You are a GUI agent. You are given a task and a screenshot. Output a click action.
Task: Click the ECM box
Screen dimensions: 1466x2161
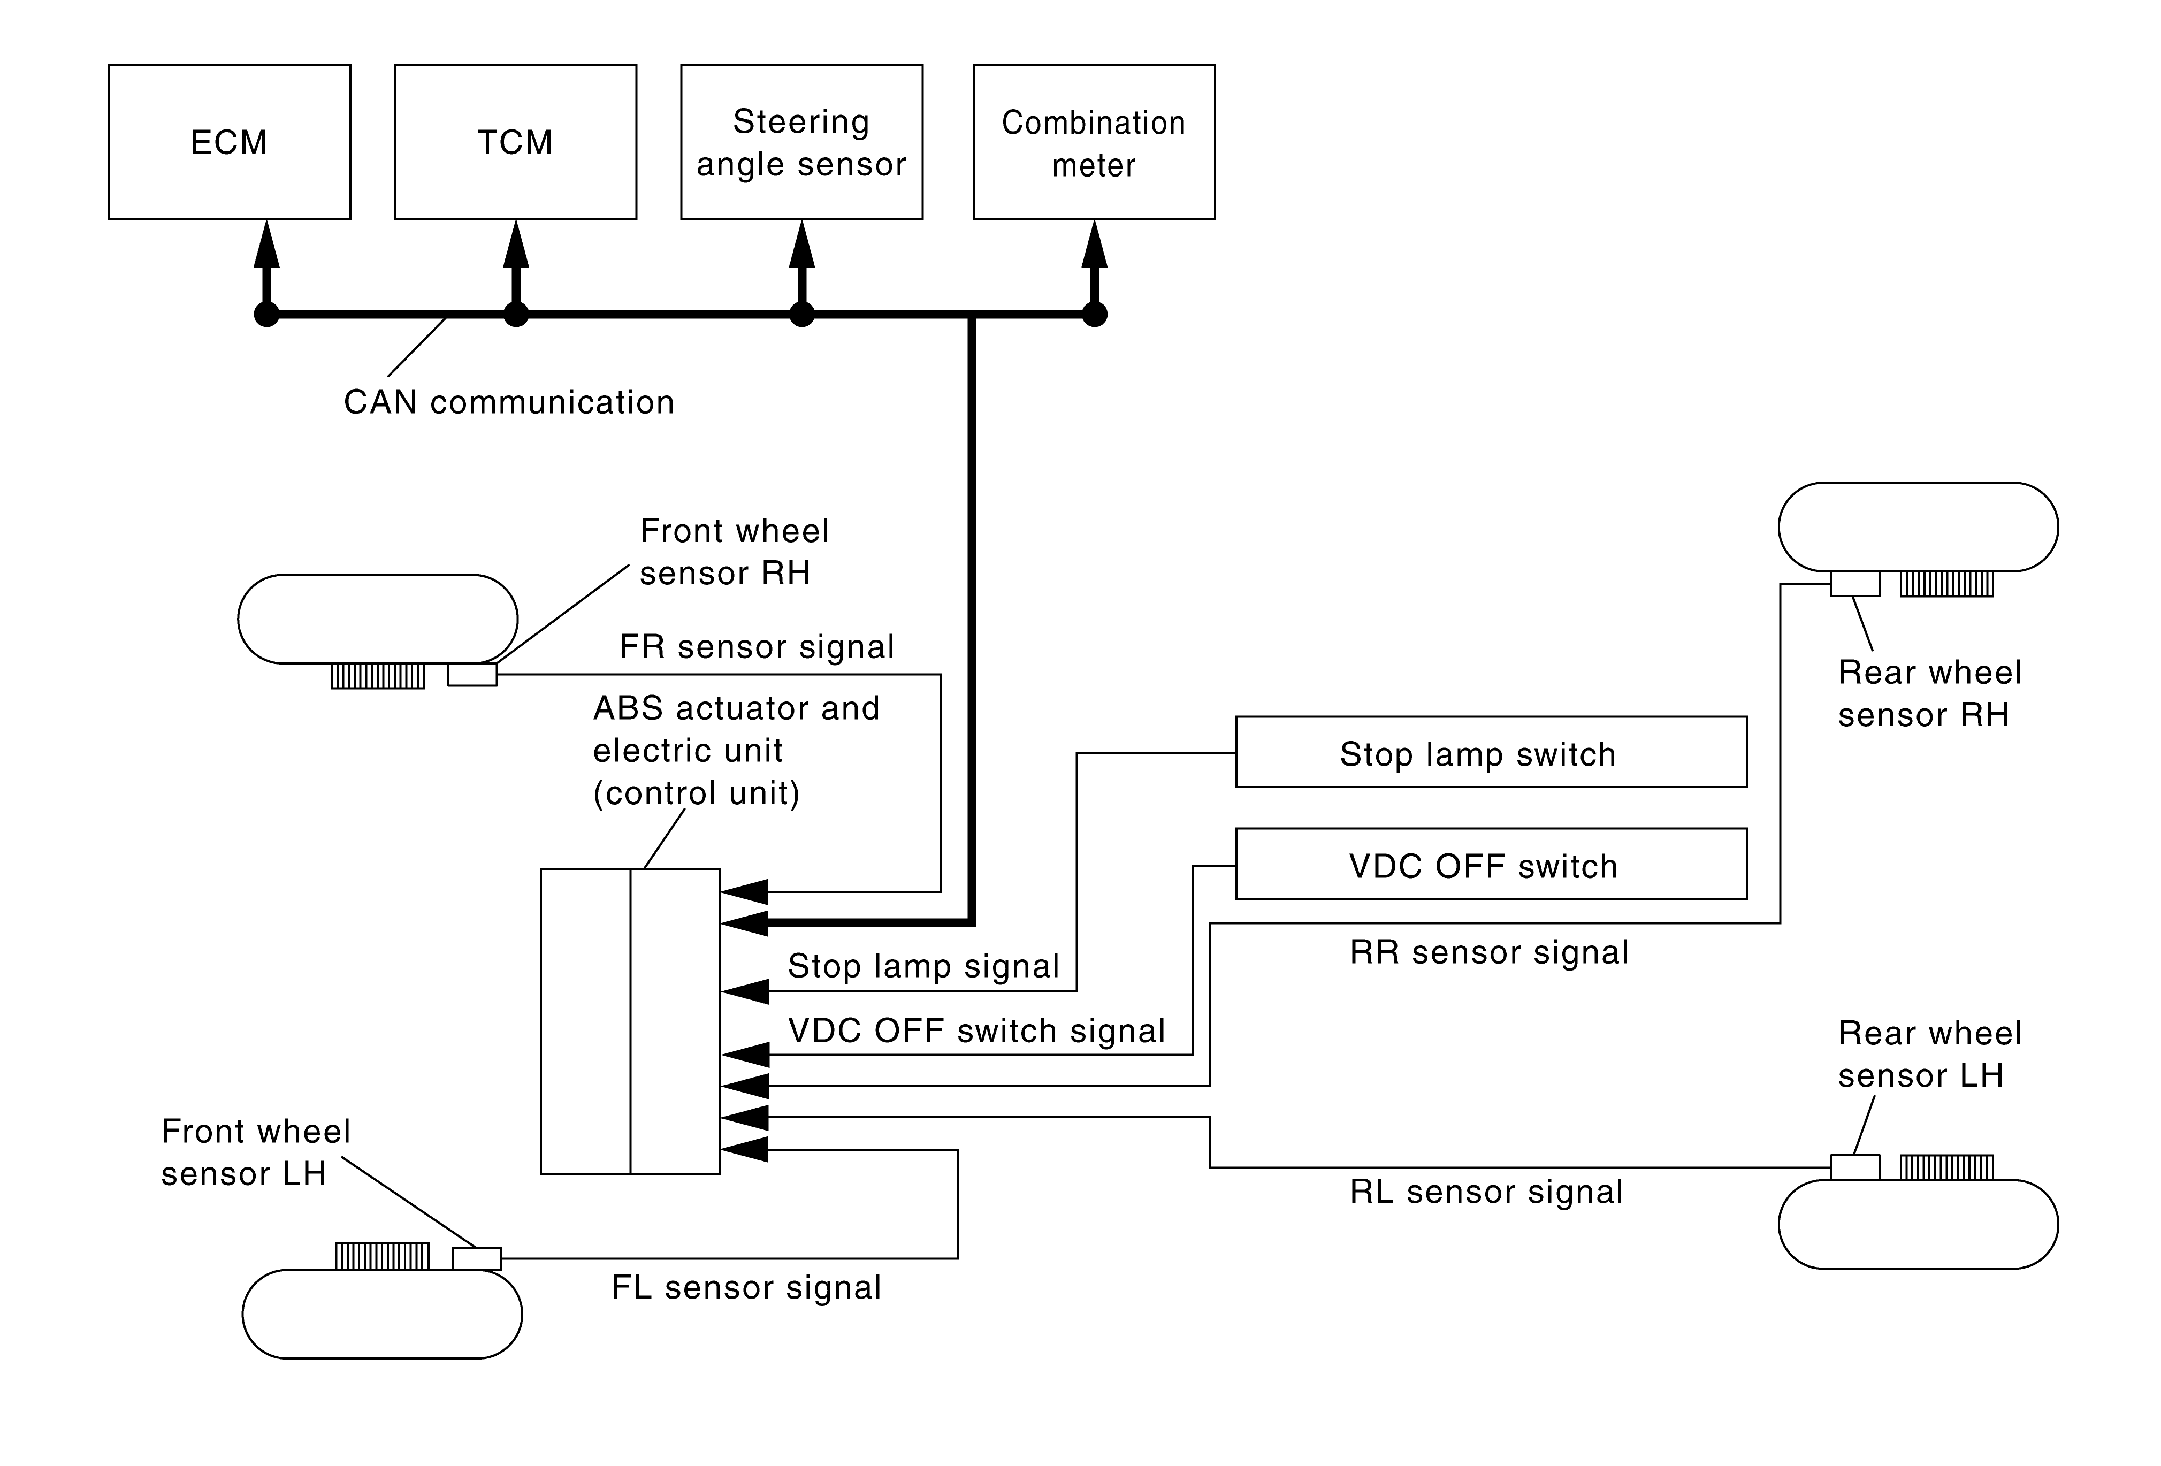pos(229,142)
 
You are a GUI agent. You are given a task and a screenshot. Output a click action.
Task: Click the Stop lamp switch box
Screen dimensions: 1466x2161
pos(1491,752)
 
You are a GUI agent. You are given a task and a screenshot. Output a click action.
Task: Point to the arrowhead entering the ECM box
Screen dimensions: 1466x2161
pos(267,243)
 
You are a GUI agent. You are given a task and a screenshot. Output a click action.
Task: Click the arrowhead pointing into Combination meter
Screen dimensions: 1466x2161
pos(1095,243)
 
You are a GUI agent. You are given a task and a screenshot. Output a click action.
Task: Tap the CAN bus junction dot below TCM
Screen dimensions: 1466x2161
pos(516,314)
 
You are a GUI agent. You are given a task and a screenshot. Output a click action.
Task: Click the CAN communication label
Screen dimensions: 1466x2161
pos(509,402)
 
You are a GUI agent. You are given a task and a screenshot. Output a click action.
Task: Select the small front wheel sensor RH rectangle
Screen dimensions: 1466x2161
pos(472,675)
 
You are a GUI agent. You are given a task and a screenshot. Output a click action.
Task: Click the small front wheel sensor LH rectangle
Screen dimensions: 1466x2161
pos(476,1258)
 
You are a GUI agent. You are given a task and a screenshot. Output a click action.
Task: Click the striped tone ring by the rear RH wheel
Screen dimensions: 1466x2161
pos(1946,584)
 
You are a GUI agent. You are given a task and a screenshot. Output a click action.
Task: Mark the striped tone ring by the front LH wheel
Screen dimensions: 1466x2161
pos(382,1256)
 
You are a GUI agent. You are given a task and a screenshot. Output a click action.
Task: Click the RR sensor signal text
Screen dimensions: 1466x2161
pos(1488,953)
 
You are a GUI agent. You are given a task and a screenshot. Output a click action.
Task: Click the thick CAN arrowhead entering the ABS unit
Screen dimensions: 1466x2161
pos(745,923)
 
